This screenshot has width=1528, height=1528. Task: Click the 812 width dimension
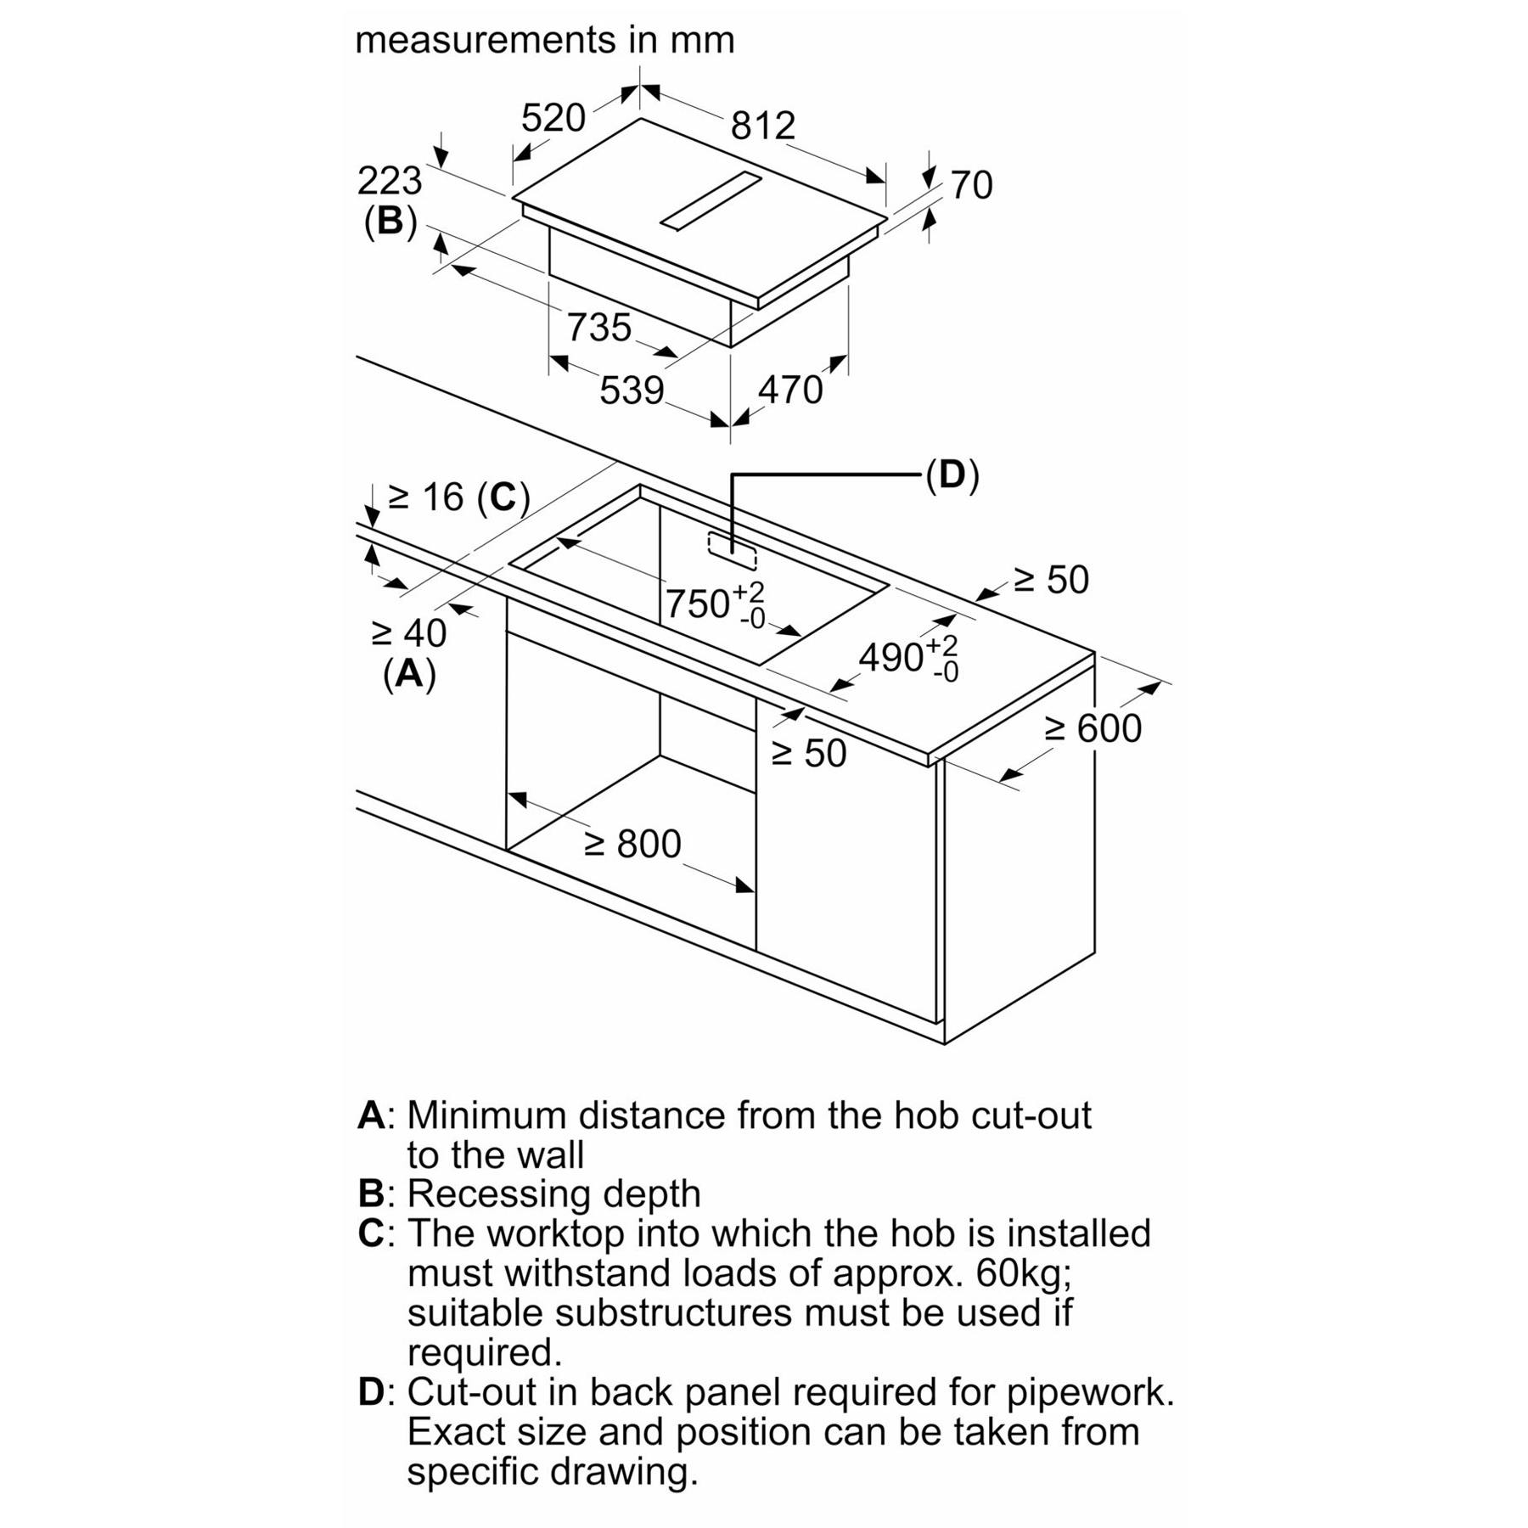pos(762,126)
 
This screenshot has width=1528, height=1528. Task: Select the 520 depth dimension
pos(553,118)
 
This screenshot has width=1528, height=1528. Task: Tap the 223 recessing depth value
pos(390,181)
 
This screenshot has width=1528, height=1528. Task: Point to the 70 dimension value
pos(971,185)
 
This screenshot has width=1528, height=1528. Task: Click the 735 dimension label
pos(599,328)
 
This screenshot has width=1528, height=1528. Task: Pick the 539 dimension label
pos(632,390)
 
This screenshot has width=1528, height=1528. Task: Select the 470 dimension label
pos(790,390)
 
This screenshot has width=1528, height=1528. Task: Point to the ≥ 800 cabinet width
pos(632,844)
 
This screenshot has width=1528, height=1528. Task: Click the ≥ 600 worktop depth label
pos(1093,728)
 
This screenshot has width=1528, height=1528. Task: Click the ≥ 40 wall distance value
pos(409,632)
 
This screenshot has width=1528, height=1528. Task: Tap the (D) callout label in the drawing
pos(952,475)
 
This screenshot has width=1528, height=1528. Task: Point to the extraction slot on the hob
pos(711,200)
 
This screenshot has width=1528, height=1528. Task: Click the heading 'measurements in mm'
pos(544,40)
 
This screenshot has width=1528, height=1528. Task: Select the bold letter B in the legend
pos(372,1194)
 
